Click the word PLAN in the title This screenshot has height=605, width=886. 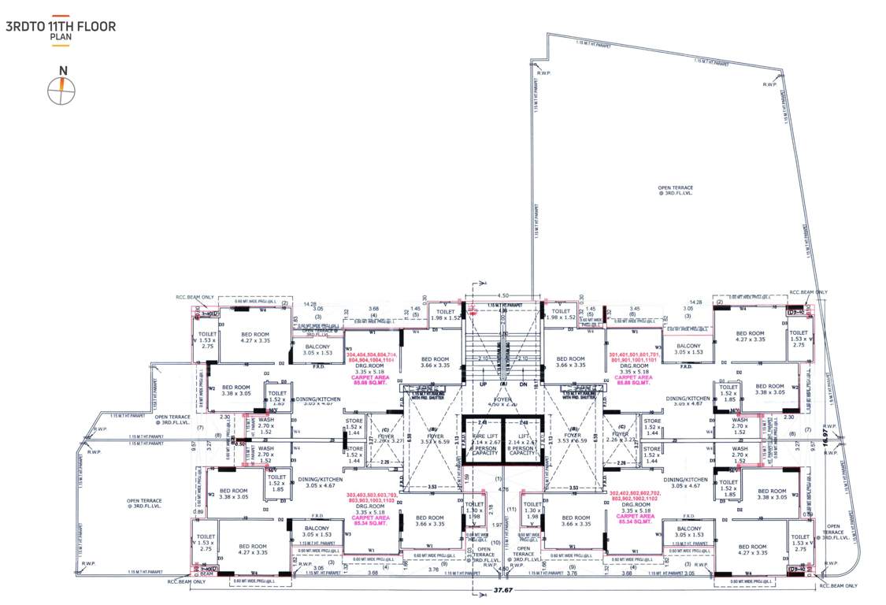click(59, 36)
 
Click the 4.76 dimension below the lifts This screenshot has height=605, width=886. click(505, 490)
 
